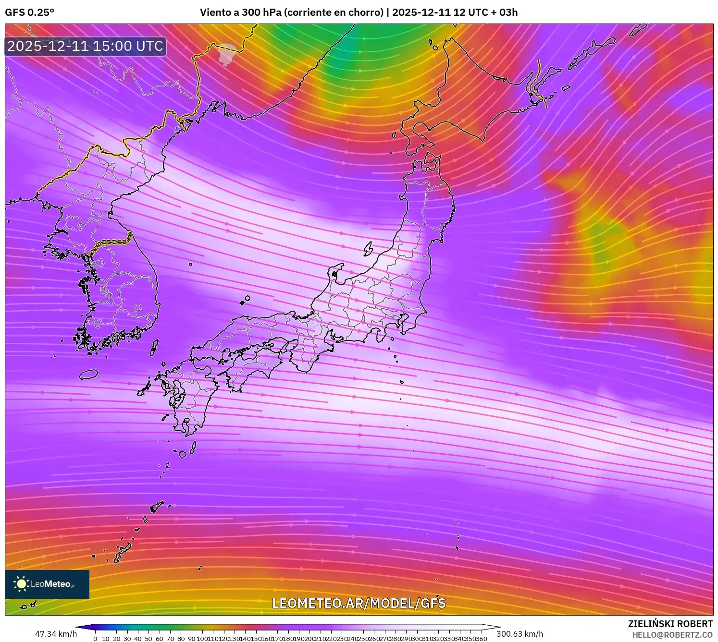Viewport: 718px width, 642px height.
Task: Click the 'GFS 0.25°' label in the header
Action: tap(29, 12)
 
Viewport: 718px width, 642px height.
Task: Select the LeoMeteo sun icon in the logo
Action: tap(21, 584)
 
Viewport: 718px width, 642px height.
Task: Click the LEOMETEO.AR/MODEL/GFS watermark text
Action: tap(359, 604)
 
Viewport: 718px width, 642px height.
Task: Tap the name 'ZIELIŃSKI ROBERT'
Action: tap(670, 624)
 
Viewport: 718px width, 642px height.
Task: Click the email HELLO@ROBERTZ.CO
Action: tap(672, 635)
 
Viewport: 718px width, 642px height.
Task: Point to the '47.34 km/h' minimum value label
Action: tap(56, 634)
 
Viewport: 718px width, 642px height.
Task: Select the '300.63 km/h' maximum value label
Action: tap(520, 634)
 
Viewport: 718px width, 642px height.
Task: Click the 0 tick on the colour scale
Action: tap(95, 639)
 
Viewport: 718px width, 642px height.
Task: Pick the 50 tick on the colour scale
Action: tap(149, 639)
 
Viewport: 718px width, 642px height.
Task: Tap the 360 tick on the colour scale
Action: tap(482, 639)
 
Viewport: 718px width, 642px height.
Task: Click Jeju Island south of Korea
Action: tap(88, 374)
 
